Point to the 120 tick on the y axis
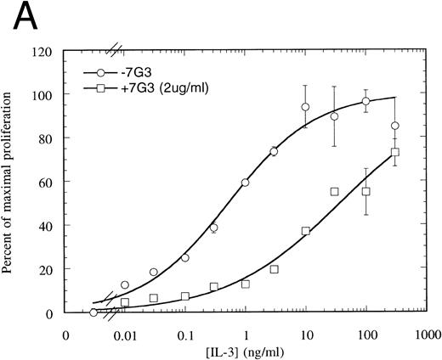[x=43, y=51]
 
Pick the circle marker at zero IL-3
[x=93, y=312]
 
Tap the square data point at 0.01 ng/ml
[x=125, y=302]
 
